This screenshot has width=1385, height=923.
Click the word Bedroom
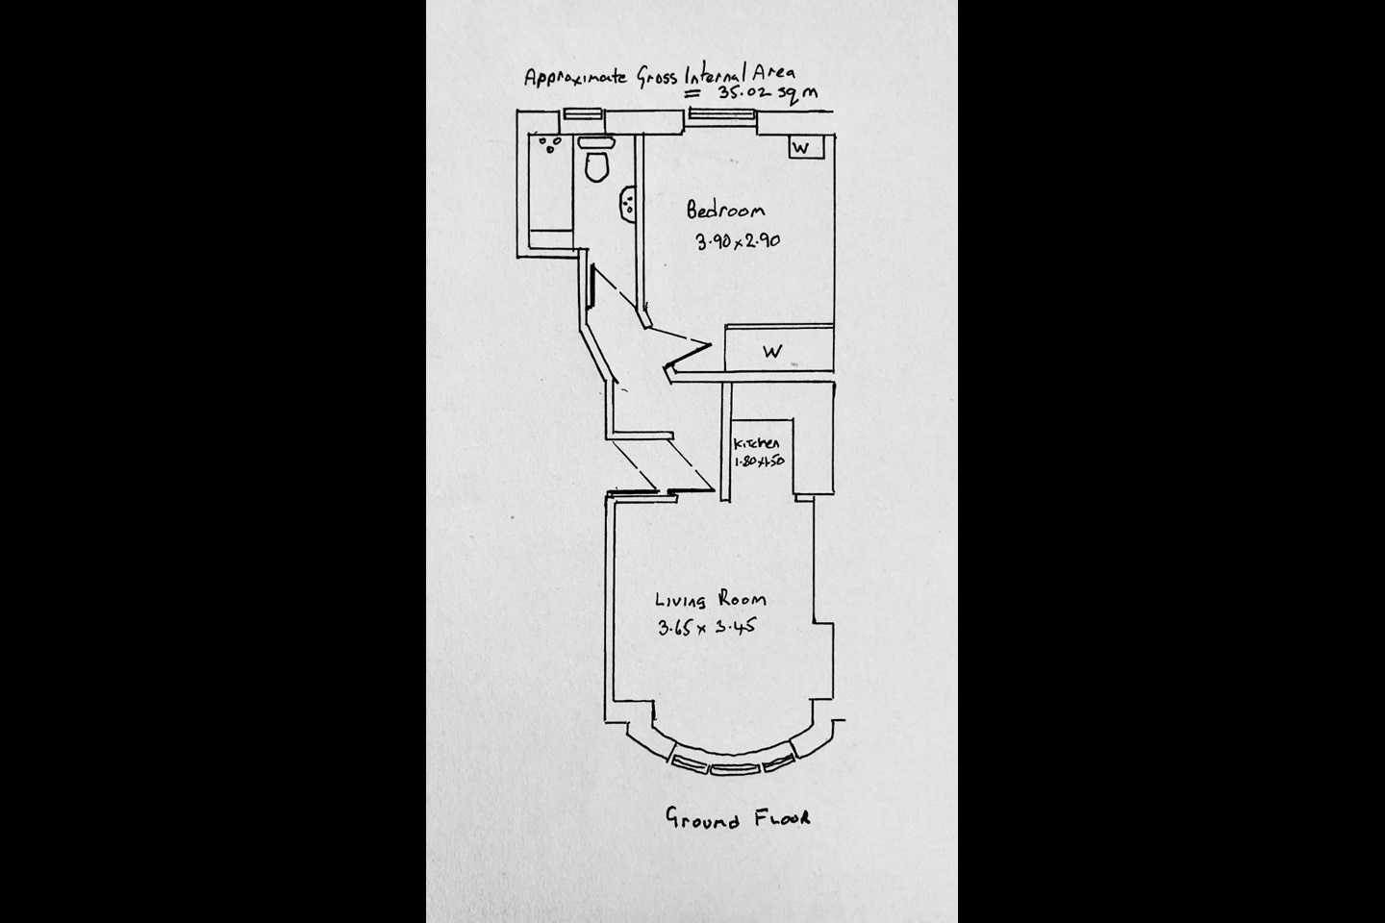pyautogui.click(x=726, y=210)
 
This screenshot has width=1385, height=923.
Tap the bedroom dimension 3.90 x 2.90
pyautogui.click(x=737, y=241)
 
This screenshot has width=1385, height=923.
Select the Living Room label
pyautogui.click(x=710, y=599)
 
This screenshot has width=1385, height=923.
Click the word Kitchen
pyautogui.click(x=756, y=443)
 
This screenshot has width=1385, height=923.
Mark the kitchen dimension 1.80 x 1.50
pyautogui.click(x=759, y=460)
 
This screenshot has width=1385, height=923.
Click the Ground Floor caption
pyautogui.click(x=738, y=819)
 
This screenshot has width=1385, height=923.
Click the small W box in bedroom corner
pyautogui.click(x=800, y=147)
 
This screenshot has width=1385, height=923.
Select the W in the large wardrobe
pyautogui.click(x=772, y=351)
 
